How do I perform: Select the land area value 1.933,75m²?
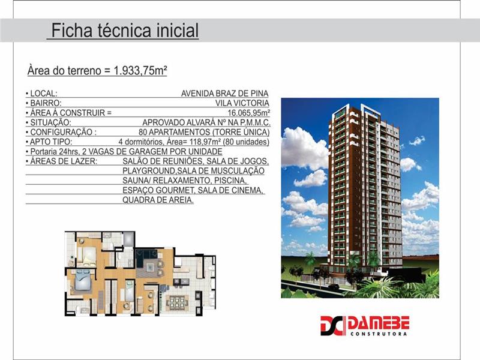click(140, 70)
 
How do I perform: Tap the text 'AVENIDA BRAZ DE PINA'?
click(224, 94)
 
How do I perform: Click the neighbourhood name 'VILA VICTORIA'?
click(242, 103)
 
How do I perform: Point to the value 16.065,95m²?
click(248, 113)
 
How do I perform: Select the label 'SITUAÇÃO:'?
click(50, 123)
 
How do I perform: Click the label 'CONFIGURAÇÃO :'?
click(63, 132)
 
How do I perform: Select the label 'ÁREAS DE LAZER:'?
click(64, 161)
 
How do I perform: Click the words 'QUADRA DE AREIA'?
click(157, 200)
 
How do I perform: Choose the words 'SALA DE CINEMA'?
click(230, 190)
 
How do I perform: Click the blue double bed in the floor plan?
click(82, 282)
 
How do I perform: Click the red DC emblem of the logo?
click(333, 326)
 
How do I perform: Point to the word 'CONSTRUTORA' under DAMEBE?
click(379, 334)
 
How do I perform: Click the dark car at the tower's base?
click(333, 287)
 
